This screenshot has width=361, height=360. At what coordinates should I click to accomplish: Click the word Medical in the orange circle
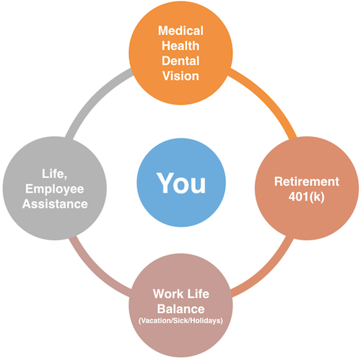[x=180, y=31]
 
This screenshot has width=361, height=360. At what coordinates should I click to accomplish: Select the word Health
[x=180, y=45]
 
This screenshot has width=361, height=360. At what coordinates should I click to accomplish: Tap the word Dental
[x=180, y=61]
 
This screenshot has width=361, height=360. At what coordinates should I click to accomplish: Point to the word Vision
[x=180, y=76]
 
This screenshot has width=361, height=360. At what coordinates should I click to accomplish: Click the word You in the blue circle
[x=181, y=183]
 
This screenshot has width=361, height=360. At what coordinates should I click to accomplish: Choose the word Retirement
[x=307, y=182]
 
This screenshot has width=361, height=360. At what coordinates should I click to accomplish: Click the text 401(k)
[x=306, y=197]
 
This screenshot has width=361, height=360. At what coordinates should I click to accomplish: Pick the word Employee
[x=55, y=189]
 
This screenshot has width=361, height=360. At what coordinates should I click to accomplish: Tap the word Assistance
[x=55, y=204]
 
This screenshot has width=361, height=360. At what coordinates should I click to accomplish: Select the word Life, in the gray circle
[x=54, y=174]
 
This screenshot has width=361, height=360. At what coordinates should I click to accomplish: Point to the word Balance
[x=180, y=309]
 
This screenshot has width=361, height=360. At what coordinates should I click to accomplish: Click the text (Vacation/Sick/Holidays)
[x=180, y=321]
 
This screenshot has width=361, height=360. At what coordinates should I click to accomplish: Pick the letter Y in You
[x=165, y=183]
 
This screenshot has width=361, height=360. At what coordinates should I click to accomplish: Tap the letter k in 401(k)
[x=317, y=197]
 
